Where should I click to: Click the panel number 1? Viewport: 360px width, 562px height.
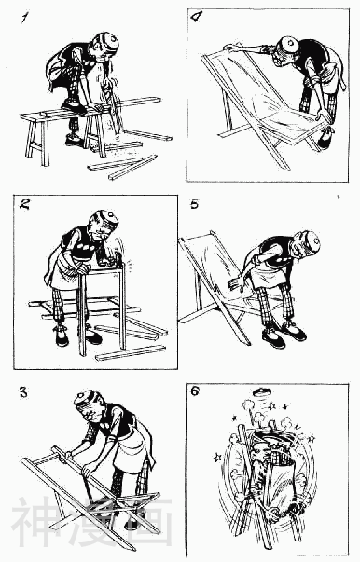25,17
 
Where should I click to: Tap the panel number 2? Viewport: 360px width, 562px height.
25,204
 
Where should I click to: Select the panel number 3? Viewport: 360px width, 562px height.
23,392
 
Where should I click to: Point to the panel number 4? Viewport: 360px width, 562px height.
196,17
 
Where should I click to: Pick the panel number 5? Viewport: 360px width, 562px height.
194,204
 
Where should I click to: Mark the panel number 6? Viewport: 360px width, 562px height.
195,391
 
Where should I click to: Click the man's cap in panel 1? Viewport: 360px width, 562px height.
108,41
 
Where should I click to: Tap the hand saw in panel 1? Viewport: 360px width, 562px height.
113,104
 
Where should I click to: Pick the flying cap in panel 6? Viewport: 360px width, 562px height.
262,391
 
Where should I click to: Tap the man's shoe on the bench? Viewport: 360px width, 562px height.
73,105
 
